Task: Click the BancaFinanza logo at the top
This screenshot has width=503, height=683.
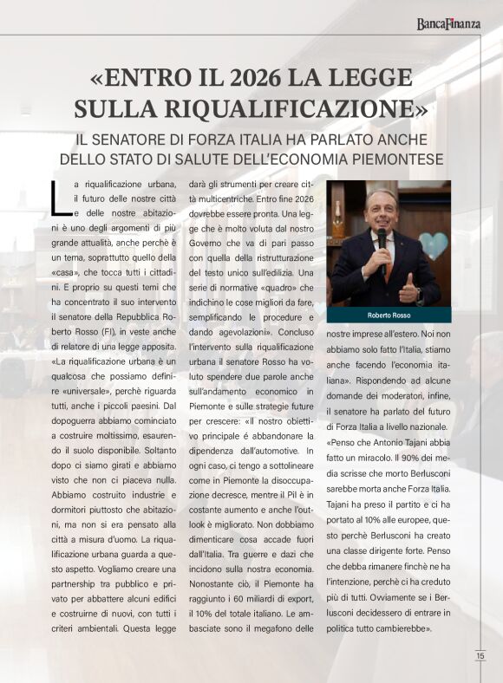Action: (x=447, y=23)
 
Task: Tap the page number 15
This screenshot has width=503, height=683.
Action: (x=480, y=656)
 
